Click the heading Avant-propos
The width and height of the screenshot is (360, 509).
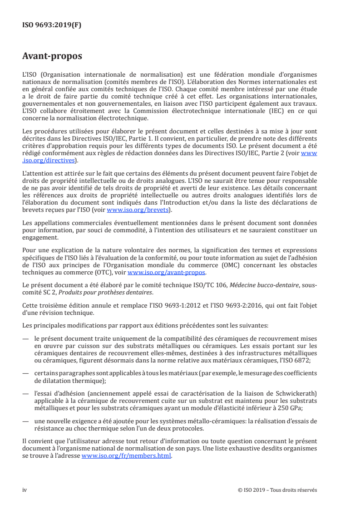click(x=52, y=57)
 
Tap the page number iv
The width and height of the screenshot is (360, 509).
click(x=25, y=490)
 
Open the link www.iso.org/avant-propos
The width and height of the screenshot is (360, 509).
click(x=167, y=272)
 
